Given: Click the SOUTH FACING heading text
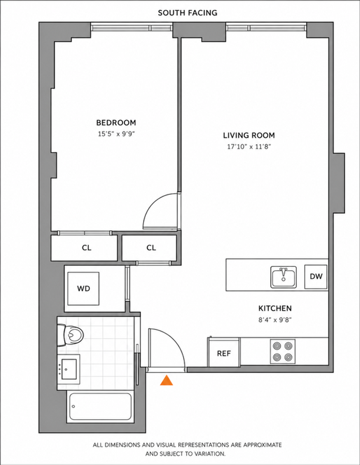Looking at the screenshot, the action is click(188, 13).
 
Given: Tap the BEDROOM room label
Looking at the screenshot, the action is click(116, 122).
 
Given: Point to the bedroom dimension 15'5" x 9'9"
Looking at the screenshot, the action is click(117, 134).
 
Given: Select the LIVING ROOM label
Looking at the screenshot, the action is click(249, 135).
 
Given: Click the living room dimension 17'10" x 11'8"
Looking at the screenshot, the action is click(249, 147).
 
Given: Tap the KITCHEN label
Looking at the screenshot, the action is click(275, 309).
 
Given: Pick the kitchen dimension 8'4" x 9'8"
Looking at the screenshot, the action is click(275, 320).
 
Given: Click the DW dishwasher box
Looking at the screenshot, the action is click(316, 277).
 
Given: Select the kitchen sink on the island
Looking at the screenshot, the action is click(283, 277).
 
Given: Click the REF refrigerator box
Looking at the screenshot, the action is click(224, 353).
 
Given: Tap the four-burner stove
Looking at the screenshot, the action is click(283, 351).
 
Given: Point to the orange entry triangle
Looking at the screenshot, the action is click(166, 380).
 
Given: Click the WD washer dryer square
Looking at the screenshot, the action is click(83, 289).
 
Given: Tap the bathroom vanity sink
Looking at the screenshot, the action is click(68, 369).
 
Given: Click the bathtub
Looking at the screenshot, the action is click(100, 406).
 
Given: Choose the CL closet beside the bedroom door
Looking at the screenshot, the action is click(151, 248).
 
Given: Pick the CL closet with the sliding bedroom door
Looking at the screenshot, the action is click(86, 248).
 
